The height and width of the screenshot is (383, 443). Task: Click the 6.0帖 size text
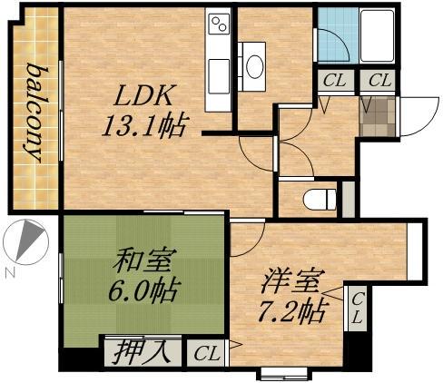[143, 293]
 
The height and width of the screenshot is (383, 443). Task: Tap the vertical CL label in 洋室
[358, 309]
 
